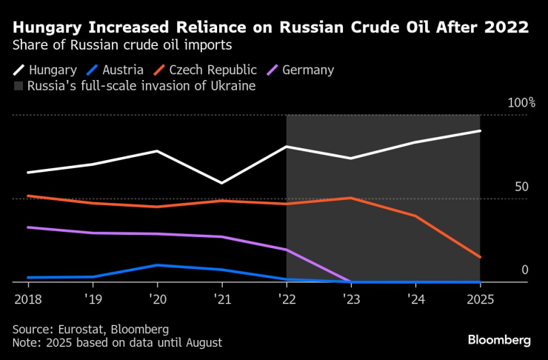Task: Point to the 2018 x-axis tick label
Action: [x=27, y=299]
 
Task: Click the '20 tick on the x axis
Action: [x=156, y=299]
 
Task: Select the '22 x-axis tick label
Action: [x=286, y=299]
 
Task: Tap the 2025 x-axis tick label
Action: [x=479, y=299]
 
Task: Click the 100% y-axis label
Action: [x=521, y=102]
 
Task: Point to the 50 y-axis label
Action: [x=521, y=187]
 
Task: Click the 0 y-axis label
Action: [x=524, y=270]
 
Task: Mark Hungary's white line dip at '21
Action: [x=221, y=183]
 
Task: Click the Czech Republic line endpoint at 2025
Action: [x=480, y=257]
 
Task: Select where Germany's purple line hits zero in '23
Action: [x=350, y=281]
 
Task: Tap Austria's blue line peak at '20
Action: [x=157, y=264]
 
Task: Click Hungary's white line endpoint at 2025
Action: [x=480, y=131]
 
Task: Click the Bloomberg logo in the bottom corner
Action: [x=499, y=340]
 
